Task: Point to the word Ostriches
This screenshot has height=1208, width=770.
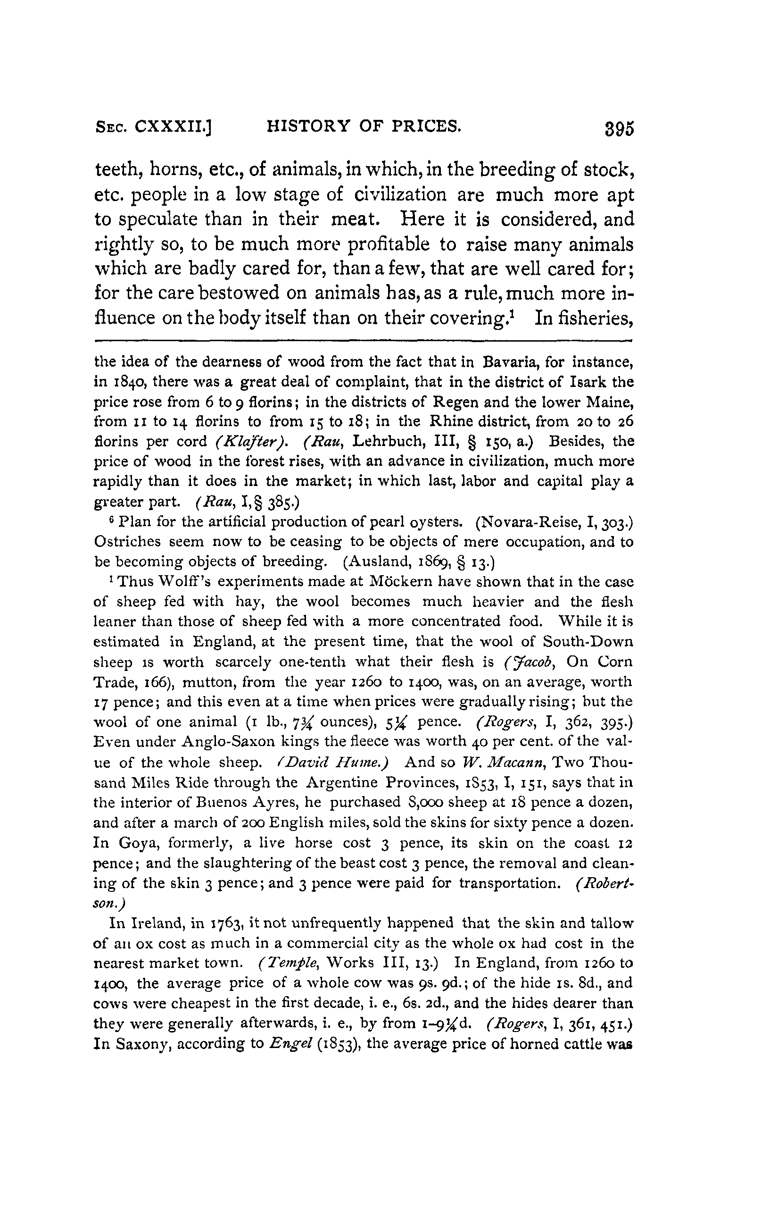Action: click(127, 542)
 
